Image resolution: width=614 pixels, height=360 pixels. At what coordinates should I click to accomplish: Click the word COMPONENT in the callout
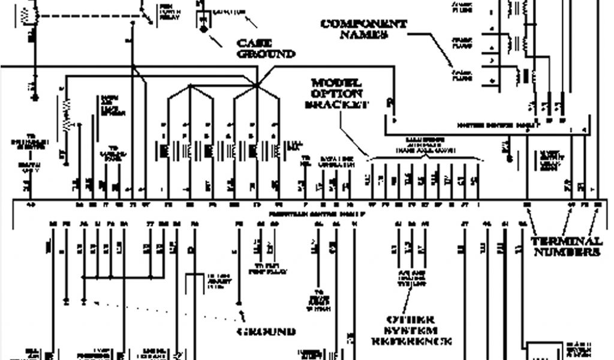click(x=364, y=24)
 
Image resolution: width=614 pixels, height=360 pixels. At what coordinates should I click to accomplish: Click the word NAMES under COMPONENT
click(x=364, y=35)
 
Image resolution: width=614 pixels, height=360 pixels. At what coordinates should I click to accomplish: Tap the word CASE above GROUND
click(x=255, y=43)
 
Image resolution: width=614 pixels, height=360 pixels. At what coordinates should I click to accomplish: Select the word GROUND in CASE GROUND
click(x=267, y=54)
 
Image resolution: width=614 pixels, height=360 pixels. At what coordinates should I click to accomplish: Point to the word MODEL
click(x=336, y=82)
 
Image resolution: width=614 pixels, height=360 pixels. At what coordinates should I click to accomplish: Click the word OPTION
click(x=336, y=94)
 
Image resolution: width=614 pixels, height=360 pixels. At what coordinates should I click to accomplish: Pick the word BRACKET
click(x=336, y=105)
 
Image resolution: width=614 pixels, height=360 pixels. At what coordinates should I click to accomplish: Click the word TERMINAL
click(x=567, y=241)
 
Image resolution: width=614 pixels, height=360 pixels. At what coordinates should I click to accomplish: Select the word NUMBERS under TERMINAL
click(x=567, y=253)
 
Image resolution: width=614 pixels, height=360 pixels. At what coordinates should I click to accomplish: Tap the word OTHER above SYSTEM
click(x=411, y=320)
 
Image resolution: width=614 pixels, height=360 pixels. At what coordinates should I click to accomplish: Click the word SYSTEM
click(x=411, y=331)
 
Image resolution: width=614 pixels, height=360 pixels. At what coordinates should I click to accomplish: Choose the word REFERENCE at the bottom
click(x=411, y=342)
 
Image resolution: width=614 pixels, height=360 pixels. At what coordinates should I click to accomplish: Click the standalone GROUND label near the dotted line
click(x=266, y=331)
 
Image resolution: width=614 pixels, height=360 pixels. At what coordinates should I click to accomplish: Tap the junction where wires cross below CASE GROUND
click(x=257, y=85)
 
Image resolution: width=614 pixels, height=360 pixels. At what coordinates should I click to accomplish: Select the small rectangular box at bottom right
click(x=543, y=351)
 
